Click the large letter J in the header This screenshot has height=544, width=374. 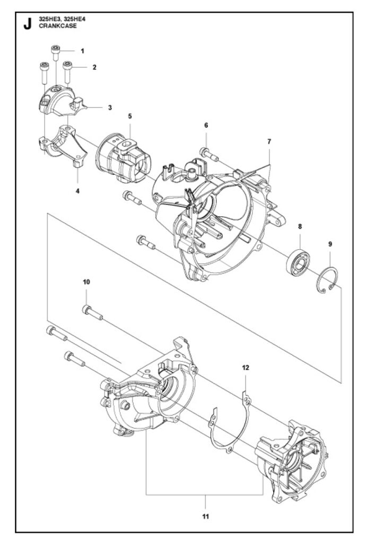coord(27,25)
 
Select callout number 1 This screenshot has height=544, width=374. coord(82,51)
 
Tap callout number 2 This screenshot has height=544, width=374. coord(94,67)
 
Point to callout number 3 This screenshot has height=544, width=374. coord(110,107)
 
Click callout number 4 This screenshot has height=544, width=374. coord(77,190)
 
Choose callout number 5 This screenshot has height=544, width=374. coord(130,116)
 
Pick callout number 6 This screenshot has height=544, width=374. coord(206,125)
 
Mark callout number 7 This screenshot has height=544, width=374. coord(269,142)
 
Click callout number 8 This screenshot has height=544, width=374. coord(300,226)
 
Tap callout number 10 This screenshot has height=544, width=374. coord(86,282)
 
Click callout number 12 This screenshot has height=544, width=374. coord(246,367)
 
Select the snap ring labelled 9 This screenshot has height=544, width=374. coord(330,279)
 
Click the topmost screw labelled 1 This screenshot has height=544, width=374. coord(55,54)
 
